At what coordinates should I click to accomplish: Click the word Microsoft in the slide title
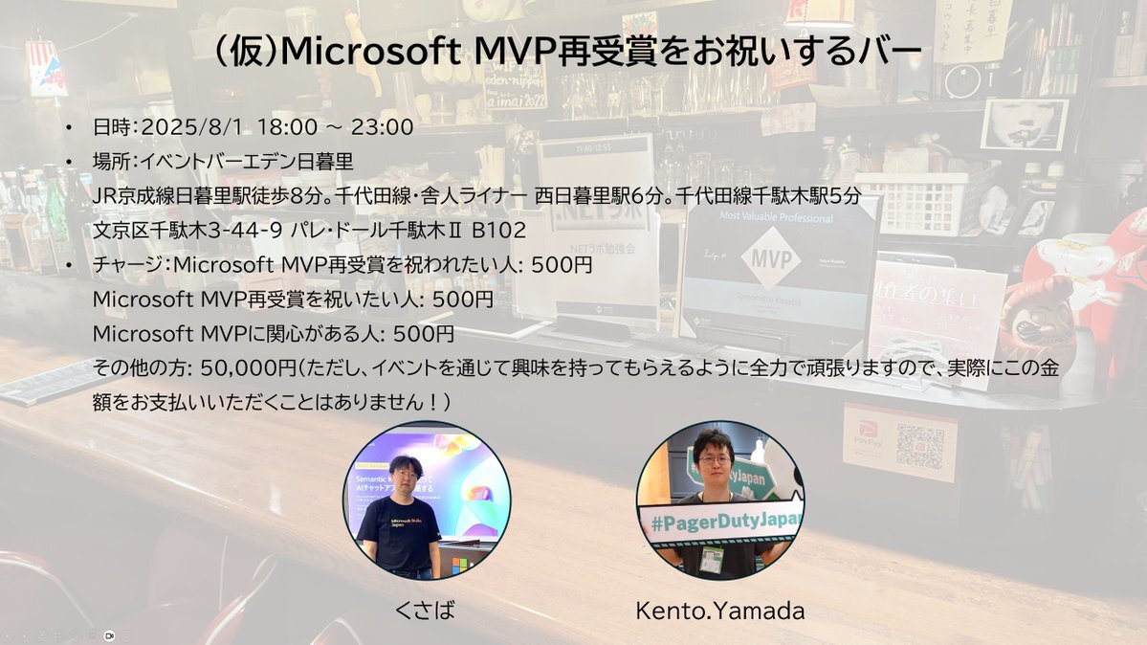[370, 51]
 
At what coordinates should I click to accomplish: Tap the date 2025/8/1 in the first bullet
[191, 126]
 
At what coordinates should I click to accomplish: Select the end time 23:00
[382, 126]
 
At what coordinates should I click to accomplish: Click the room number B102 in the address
[499, 231]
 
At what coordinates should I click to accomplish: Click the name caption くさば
[425, 610]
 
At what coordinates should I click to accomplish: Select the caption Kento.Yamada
[719, 611]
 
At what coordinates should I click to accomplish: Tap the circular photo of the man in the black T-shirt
[427, 501]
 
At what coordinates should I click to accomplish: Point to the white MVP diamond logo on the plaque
[772, 258]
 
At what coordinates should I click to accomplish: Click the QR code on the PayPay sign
[919, 446]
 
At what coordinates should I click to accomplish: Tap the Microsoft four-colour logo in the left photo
[459, 566]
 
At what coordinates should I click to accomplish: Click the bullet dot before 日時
[69, 127]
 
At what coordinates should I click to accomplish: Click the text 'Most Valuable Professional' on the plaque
[776, 216]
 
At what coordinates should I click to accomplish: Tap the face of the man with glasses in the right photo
[715, 459]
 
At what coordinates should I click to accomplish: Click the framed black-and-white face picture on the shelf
[1025, 124]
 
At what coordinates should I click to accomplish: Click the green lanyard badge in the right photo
[711, 559]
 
